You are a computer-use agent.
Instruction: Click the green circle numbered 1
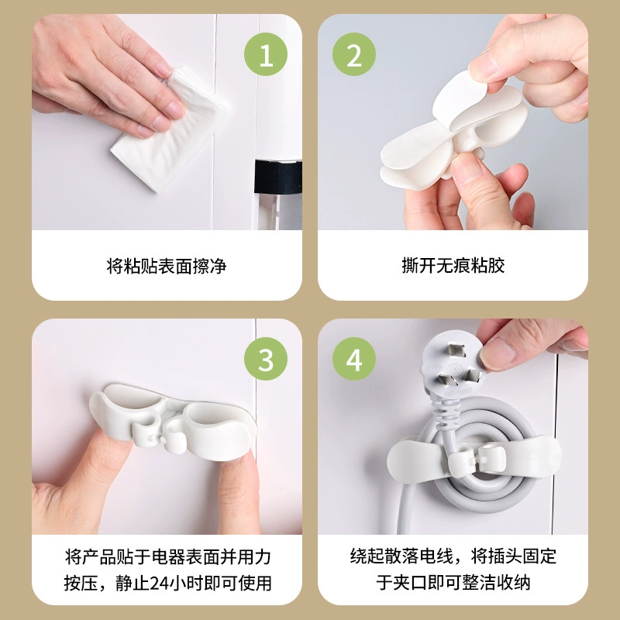265,54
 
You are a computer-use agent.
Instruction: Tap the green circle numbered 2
354,54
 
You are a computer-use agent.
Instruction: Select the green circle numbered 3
265,359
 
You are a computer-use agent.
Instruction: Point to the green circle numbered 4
354,359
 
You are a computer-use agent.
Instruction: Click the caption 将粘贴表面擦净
167,266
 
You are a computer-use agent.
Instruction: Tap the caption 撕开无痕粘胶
453,265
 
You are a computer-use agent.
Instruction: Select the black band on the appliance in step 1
278,177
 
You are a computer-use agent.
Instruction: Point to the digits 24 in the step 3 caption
159,583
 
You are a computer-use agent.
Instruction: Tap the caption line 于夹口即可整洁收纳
453,583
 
